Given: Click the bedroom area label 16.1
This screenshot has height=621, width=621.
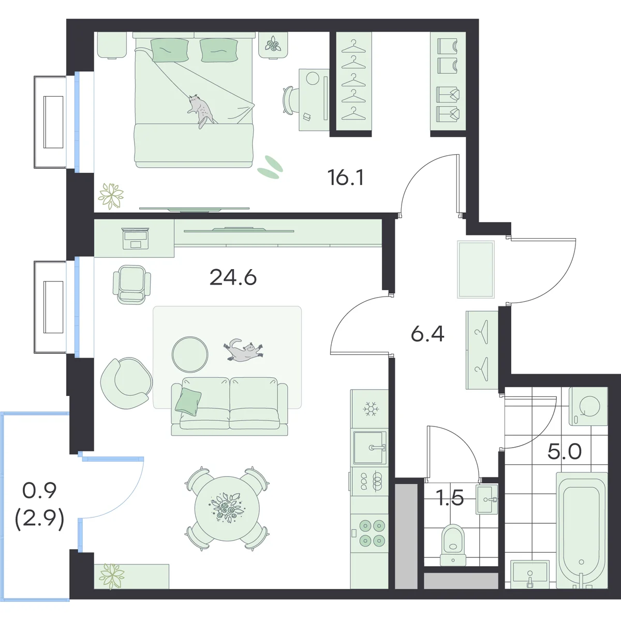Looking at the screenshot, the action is click(x=346, y=178).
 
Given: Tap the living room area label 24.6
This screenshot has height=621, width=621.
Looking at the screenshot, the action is click(x=233, y=277).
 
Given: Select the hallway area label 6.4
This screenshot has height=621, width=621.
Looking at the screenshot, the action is click(x=427, y=334).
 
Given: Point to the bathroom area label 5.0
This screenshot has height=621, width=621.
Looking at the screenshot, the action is click(x=565, y=451).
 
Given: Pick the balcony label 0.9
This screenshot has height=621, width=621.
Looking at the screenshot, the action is click(x=39, y=490).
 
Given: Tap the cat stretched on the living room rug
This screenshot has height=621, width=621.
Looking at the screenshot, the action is click(x=243, y=350).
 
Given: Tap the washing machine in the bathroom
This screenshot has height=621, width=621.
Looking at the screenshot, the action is click(x=588, y=406).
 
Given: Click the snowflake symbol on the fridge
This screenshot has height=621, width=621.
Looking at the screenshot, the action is click(x=371, y=409).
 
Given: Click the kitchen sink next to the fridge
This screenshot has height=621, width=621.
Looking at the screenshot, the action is click(x=369, y=447).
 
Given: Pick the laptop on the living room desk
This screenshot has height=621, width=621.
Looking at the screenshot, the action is click(x=136, y=239).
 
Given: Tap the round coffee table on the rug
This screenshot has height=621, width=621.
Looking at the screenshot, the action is click(x=190, y=354).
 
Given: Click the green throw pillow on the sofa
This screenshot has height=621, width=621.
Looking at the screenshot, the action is click(x=188, y=400).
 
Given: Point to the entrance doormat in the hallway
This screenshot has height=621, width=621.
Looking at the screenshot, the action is click(x=476, y=270).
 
